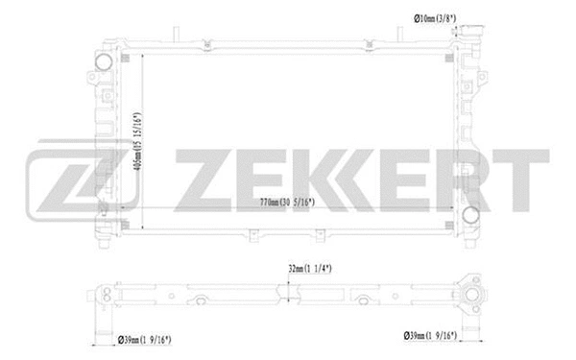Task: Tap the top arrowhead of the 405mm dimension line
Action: point(142,57)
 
